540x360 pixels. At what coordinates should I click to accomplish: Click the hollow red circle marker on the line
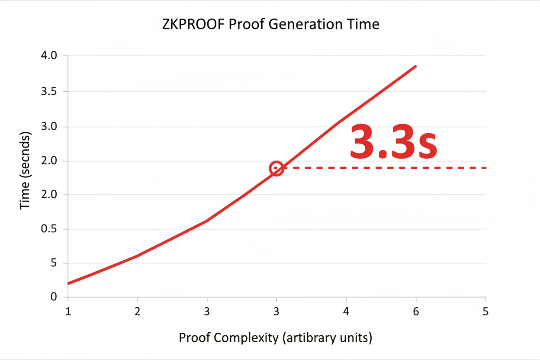tap(276, 168)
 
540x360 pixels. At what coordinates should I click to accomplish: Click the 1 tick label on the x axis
tap(68, 311)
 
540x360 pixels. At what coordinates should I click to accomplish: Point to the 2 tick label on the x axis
tap(138, 311)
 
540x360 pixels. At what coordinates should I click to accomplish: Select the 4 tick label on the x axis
tap(346, 311)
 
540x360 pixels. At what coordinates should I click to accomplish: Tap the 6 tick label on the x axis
tap(416, 311)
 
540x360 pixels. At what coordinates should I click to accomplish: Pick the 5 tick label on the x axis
tap(485, 311)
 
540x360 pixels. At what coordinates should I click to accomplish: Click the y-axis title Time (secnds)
tap(26, 172)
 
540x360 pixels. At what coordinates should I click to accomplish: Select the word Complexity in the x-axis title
tap(248, 337)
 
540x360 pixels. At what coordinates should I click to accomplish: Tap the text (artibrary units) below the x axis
tap(327, 337)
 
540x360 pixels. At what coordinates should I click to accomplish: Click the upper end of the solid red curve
tap(415, 67)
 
